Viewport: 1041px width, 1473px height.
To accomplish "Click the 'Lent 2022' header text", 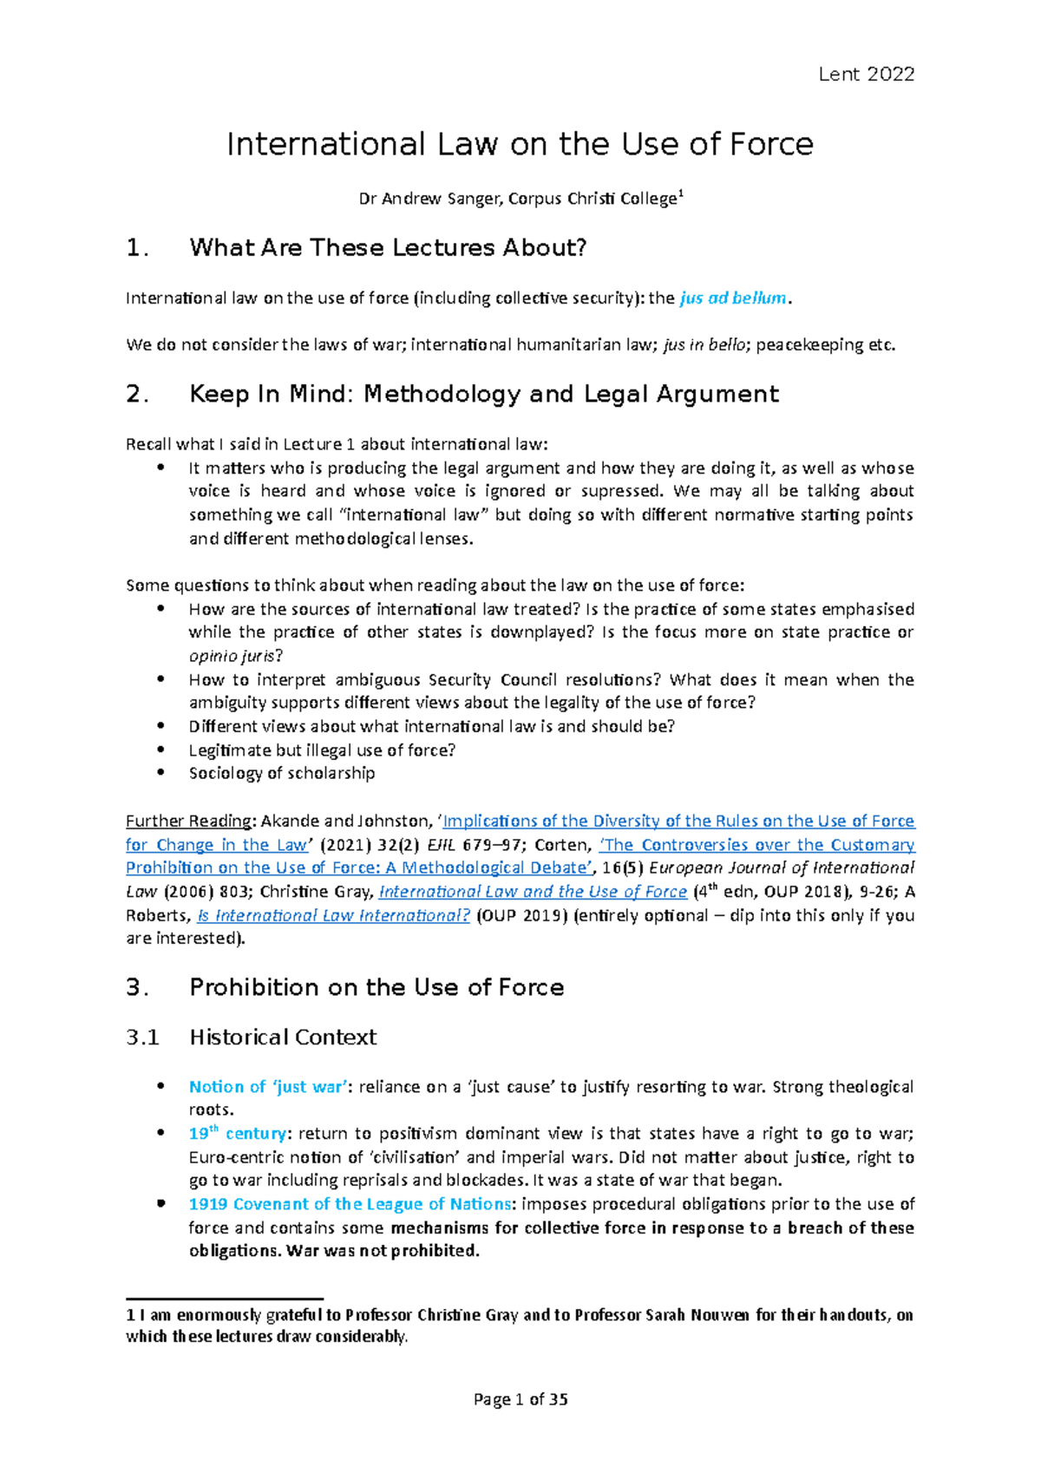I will click(x=866, y=75).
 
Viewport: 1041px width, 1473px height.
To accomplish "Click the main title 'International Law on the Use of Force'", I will click(x=520, y=144).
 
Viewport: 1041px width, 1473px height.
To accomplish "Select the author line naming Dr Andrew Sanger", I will click(x=520, y=200).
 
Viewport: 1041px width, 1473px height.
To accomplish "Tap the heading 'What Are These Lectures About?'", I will click(x=388, y=248).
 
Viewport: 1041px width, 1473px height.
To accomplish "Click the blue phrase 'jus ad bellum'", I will click(x=733, y=298).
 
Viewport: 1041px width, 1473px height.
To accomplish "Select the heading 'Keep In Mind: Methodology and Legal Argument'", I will click(x=483, y=395).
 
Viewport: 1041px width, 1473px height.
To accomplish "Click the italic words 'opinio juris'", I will click(x=232, y=656).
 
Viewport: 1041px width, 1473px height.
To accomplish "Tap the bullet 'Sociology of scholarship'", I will click(x=282, y=773).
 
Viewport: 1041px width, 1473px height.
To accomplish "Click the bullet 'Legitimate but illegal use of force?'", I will click(x=322, y=750).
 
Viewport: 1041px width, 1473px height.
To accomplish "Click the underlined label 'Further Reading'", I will click(x=189, y=821).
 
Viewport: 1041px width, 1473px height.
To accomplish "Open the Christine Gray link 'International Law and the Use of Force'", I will click(x=533, y=892).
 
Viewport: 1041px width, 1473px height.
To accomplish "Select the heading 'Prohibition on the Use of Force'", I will click(x=376, y=987).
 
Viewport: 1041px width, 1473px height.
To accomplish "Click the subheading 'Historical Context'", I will click(x=283, y=1038).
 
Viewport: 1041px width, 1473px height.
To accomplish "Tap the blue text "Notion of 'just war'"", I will click(x=269, y=1087).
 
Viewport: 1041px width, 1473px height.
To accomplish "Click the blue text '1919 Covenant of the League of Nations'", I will click(x=350, y=1204).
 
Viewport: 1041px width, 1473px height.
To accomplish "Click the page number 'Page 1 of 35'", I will click(x=520, y=1399).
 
